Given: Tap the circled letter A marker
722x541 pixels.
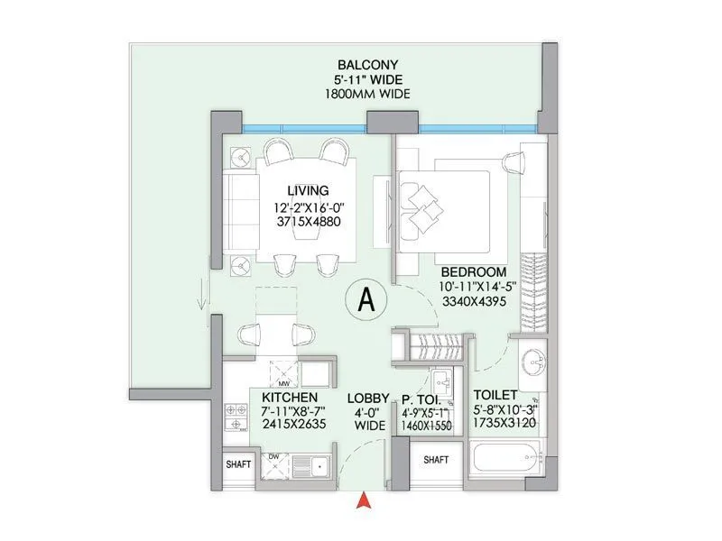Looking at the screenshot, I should [366, 300].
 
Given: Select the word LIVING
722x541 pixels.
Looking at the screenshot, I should [308, 190].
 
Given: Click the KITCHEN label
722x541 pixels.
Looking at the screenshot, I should [289, 398].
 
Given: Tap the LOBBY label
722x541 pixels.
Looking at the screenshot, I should [369, 398].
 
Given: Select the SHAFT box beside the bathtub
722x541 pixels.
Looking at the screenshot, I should [436, 460].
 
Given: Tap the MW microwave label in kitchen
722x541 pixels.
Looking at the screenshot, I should [270, 360].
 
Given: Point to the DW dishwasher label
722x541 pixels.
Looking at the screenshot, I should [273, 456].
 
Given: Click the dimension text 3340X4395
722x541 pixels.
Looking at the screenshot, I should [472, 301].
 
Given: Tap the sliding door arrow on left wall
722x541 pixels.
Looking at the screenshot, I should [206, 294].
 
